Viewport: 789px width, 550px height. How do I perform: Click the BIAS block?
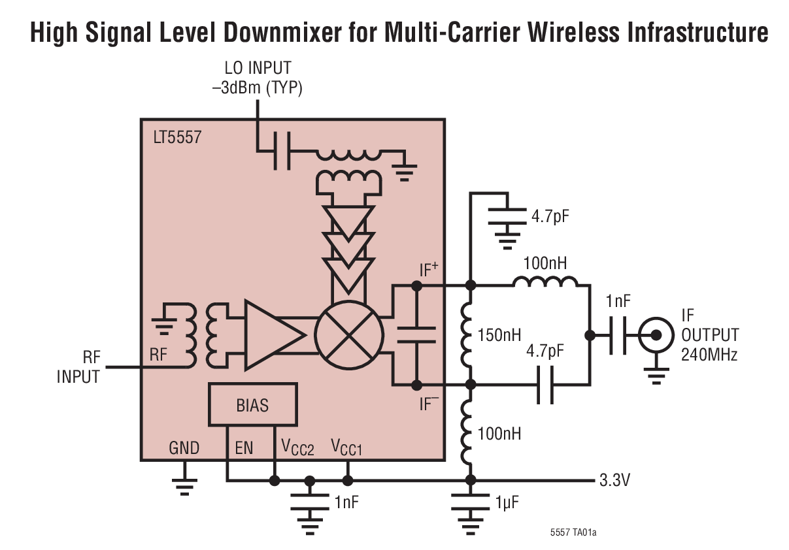[x=252, y=405]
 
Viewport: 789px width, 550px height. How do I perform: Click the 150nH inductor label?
[x=500, y=335]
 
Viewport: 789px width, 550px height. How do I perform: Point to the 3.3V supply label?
[x=615, y=481]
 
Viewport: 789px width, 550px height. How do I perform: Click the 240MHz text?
[x=710, y=355]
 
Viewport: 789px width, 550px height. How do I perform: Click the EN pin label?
[x=244, y=448]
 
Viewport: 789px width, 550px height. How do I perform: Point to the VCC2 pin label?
[x=297, y=448]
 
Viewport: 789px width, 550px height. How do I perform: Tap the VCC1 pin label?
[x=346, y=448]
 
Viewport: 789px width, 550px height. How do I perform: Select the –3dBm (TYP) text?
[x=258, y=88]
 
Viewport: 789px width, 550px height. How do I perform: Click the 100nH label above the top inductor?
[x=545, y=263]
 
